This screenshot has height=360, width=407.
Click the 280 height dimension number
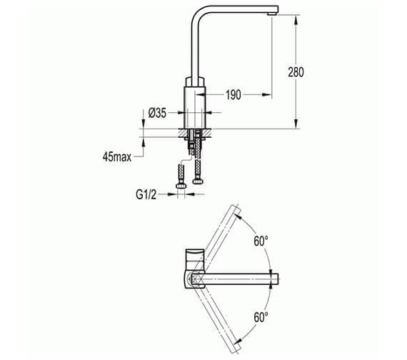point(296,72)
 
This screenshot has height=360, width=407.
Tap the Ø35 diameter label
point(157,112)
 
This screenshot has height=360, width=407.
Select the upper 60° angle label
point(262,241)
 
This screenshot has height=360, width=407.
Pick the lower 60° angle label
point(262,315)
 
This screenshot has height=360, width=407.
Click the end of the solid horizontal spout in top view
point(273,278)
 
